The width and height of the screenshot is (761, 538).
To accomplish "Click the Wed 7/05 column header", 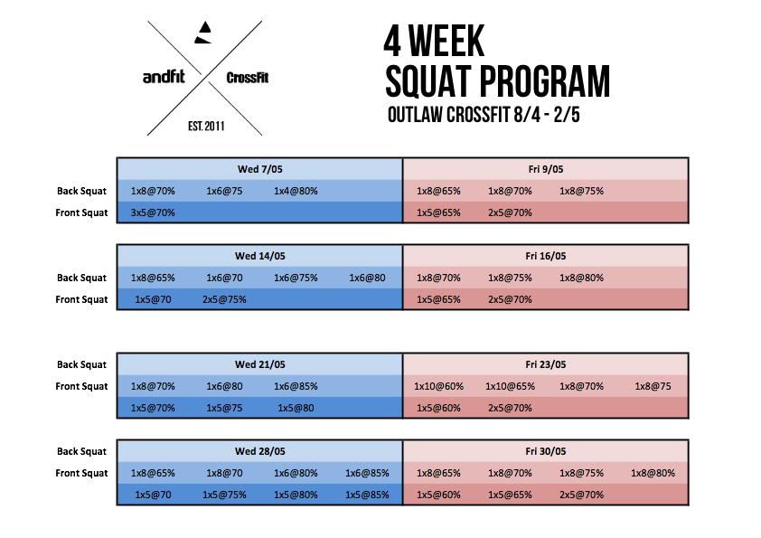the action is pos(259,169).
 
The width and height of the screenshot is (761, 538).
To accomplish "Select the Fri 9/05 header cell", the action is pos(546,169).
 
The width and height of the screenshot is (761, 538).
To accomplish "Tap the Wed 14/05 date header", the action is pos(259,257).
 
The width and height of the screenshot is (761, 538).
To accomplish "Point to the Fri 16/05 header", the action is pos(546,257).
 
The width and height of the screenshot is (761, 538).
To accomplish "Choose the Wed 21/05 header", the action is pos(259,364).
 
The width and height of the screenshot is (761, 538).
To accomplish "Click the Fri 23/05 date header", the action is pos(546,364).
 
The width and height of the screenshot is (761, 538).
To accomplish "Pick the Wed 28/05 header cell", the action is pos(259,451).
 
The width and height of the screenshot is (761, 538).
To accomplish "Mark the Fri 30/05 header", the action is pos(546,451).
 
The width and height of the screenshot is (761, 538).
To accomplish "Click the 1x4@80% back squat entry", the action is pos(296,192).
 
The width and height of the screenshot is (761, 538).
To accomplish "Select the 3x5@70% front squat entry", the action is pos(153,212).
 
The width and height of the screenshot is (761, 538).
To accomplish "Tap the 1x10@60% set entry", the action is pos(438,386).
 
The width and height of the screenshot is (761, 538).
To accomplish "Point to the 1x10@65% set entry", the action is pos(510,386).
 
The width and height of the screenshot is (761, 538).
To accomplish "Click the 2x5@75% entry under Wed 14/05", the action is pos(224,299).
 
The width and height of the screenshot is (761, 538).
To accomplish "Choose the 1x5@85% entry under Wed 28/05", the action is pos(367,495).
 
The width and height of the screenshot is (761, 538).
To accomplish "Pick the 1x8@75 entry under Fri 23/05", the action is pos(653,386).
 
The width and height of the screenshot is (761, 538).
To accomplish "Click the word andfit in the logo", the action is pos(164,77).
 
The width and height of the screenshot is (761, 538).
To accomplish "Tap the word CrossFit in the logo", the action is pos(248,78).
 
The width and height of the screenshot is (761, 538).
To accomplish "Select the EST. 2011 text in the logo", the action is pos(206,127).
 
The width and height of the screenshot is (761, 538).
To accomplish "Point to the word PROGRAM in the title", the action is pos(545,81).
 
